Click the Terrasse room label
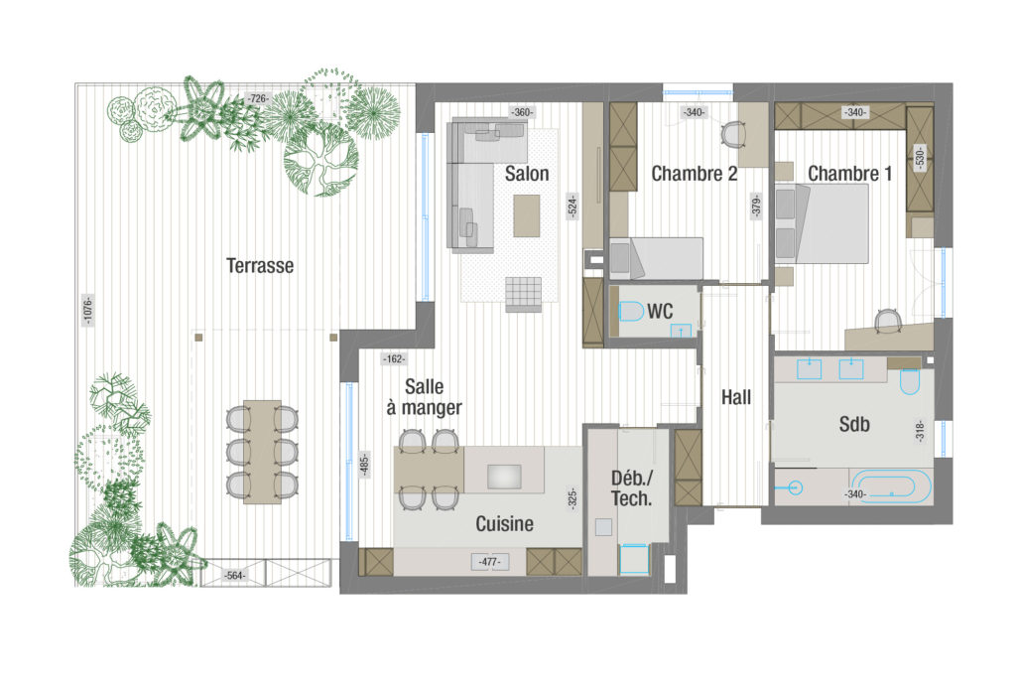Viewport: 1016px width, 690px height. [x=260, y=266]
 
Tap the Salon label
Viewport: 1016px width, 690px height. [x=527, y=174]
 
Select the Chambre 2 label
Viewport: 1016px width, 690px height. [x=694, y=174]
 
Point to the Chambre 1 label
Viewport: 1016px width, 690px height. [x=849, y=174]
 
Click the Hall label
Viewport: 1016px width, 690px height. [x=736, y=397]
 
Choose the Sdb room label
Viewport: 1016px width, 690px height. [x=854, y=424]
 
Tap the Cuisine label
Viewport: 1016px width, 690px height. [x=505, y=524]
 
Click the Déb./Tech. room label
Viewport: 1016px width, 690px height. [x=632, y=488]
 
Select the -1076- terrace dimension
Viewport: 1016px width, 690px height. [x=88, y=310]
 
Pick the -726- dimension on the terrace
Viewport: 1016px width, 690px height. [x=258, y=98]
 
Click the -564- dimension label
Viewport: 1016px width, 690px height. [x=234, y=575]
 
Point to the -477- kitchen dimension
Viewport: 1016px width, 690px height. [x=490, y=562]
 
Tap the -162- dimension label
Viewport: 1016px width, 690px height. [x=394, y=358]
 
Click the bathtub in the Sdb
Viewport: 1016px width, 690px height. [x=891, y=486]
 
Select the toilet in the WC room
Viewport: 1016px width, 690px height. [x=631, y=312]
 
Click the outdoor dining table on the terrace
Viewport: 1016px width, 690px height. [x=262, y=452]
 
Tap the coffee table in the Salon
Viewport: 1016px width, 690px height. [x=527, y=216]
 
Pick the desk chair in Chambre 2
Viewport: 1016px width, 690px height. [x=733, y=134]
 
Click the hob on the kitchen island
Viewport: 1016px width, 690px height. [x=504, y=477]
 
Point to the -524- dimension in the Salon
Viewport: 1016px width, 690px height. [x=571, y=207]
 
